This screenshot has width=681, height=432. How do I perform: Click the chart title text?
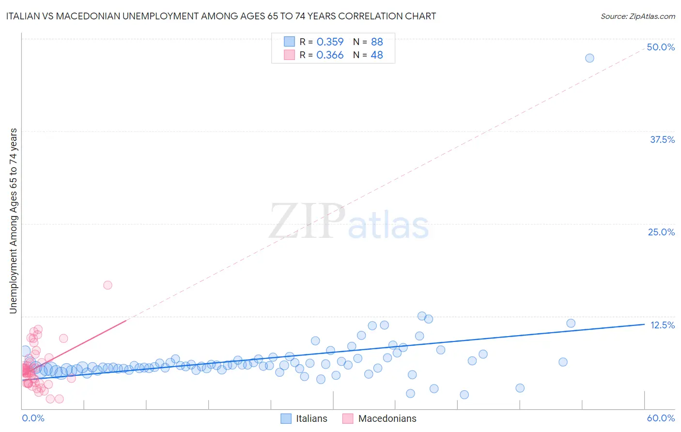(221, 16)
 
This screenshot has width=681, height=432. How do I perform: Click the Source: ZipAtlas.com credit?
(637, 16)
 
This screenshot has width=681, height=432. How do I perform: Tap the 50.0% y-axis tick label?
(661, 47)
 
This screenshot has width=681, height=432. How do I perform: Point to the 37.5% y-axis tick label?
(662, 139)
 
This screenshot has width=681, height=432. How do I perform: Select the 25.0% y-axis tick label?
(661, 232)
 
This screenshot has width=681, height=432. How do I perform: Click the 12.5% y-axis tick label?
(662, 325)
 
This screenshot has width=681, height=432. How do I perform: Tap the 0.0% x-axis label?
(33, 418)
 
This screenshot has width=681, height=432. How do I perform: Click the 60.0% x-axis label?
(661, 418)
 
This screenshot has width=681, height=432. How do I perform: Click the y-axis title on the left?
(14, 221)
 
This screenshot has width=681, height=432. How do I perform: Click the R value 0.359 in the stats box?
(330, 42)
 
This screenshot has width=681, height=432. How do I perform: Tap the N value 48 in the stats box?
(377, 55)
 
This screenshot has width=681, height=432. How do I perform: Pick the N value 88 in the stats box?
(377, 42)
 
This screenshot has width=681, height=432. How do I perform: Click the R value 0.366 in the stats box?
(330, 55)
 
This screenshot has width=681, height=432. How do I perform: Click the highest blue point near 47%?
(589, 58)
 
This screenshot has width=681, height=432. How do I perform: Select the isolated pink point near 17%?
(108, 285)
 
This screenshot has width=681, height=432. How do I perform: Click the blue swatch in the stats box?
(289, 42)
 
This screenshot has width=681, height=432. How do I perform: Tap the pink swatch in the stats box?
(289, 55)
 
